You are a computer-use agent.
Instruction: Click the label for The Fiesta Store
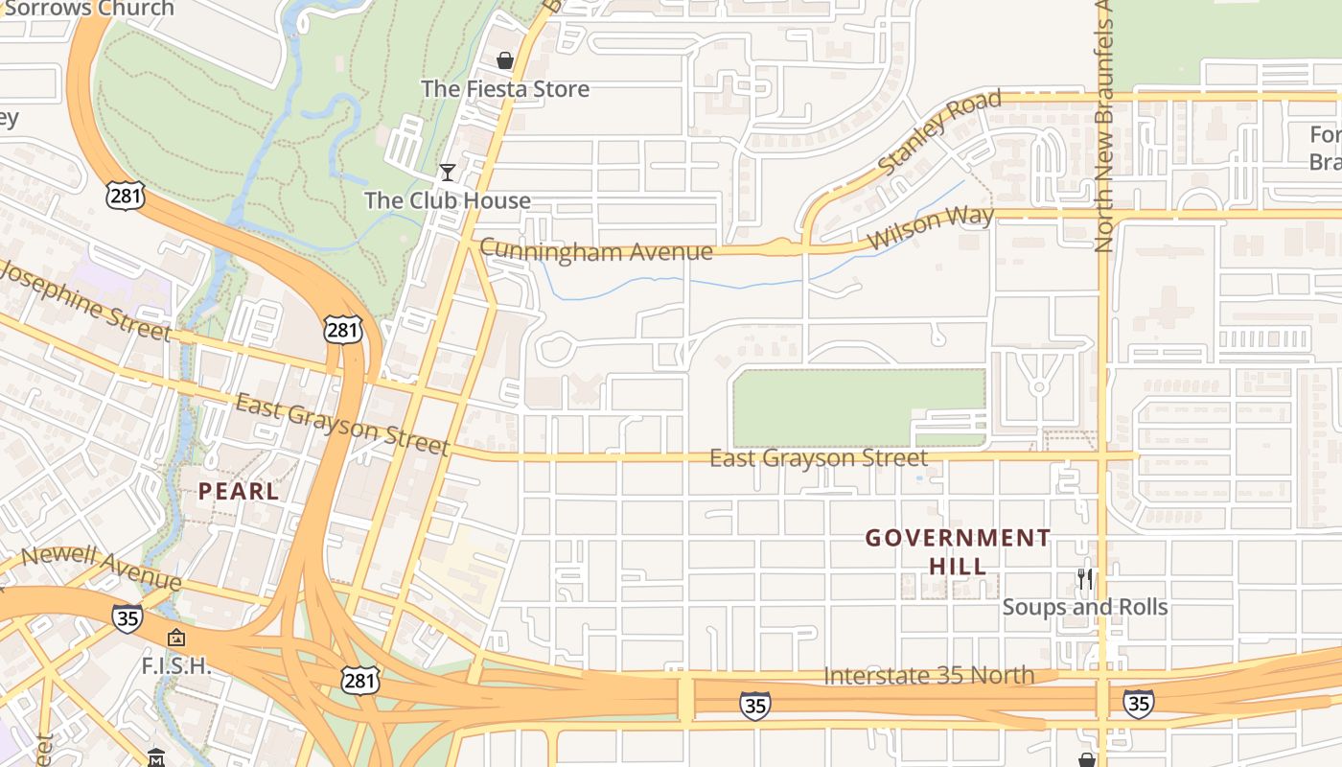[505, 89]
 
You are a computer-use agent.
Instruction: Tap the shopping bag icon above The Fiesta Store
[505, 61]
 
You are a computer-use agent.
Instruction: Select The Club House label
[448, 200]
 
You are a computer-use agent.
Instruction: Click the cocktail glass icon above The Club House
[447, 173]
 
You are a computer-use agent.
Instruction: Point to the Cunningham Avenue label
[596, 251]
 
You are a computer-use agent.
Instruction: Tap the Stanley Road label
[939, 132]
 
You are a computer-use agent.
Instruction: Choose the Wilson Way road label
[931, 226]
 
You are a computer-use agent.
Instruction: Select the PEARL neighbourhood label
[239, 492]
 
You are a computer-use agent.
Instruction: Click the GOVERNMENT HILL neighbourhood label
[959, 551]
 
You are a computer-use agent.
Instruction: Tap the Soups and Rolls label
[1085, 607]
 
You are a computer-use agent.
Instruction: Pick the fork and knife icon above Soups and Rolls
[1085, 579]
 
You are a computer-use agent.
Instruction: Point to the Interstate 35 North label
[929, 676]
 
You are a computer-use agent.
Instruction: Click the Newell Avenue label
[101, 569]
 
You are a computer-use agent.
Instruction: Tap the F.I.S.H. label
[175, 665]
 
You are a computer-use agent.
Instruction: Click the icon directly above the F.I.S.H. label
[176, 638]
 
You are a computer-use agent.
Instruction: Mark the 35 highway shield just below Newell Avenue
[127, 618]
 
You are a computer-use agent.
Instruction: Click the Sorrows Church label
[90, 9]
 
